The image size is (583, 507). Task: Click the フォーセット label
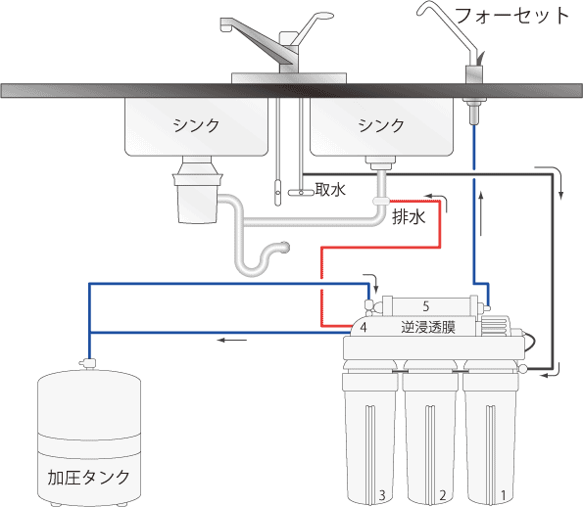tap(511, 16)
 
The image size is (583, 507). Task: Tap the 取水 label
tap(330, 190)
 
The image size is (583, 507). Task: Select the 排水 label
tap(409, 217)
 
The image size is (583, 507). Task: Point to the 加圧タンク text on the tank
tap(88, 478)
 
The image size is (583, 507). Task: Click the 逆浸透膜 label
tap(428, 327)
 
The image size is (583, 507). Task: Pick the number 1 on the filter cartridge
tap(504, 495)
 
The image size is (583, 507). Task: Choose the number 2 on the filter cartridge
tap(443, 495)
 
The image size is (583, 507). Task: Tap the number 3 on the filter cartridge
tap(382, 495)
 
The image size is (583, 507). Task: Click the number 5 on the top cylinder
tap(426, 306)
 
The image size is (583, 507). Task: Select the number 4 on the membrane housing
tap(364, 327)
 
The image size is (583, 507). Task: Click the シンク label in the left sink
tap(196, 125)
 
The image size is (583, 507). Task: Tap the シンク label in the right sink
tap(381, 125)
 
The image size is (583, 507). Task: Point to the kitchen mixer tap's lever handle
tap(312, 26)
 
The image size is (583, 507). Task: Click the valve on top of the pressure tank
tap(88, 362)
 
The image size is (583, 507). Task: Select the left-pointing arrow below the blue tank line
tap(232, 340)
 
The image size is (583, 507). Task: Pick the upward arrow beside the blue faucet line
tap(481, 213)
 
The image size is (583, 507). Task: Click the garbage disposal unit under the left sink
tap(197, 190)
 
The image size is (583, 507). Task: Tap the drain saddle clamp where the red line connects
tap(381, 202)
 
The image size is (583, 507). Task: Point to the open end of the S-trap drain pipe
tap(286, 247)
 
